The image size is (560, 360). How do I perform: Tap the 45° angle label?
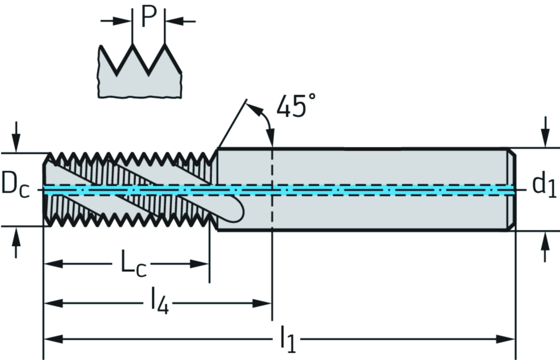[296, 107]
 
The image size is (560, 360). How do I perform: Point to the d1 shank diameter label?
[544, 185]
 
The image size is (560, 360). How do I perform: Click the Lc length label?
[133, 265]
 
